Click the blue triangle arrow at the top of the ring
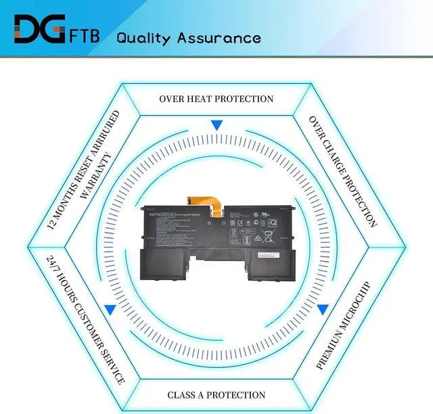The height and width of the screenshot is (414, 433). pyautogui.click(x=216, y=125)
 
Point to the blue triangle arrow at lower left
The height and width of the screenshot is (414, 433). pyautogui.click(x=110, y=309)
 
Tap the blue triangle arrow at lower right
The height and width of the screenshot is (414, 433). pyautogui.click(x=323, y=309)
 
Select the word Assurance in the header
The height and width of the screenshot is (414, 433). pyautogui.click(x=219, y=37)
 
